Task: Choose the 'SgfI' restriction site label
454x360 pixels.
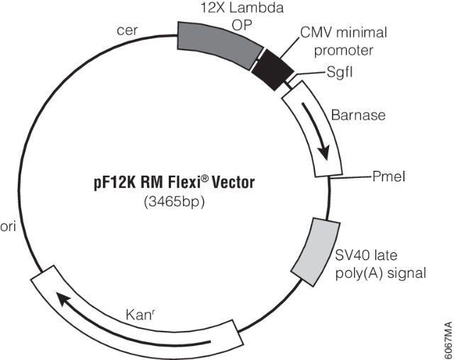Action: click(x=340, y=72)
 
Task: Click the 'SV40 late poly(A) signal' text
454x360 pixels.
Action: click(x=380, y=262)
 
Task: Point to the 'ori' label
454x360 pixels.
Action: click(x=8, y=210)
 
